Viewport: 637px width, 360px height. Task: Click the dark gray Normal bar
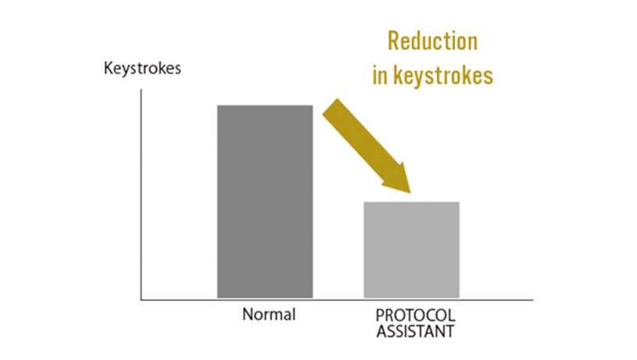pyautogui.click(x=265, y=201)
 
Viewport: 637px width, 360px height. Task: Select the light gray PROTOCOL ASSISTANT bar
pyautogui.click(x=411, y=250)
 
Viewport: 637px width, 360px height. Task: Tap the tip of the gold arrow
pyautogui.click(x=411, y=193)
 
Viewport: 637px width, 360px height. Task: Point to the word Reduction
pyautogui.click(x=432, y=41)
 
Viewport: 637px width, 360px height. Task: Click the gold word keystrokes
pyautogui.click(x=443, y=76)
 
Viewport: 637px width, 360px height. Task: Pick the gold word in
pyautogui.click(x=380, y=76)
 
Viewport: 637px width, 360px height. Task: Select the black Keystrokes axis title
pyautogui.click(x=142, y=69)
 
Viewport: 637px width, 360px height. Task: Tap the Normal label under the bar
pyautogui.click(x=269, y=315)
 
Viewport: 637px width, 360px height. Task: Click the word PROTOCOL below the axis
pyautogui.click(x=415, y=315)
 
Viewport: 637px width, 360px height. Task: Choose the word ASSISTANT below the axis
pyautogui.click(x=415, y=332)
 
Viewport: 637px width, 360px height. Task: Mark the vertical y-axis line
pyautogui.click(x=141, y=194)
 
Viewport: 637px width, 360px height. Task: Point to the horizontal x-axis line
pyautogui.click(x=336, y=300)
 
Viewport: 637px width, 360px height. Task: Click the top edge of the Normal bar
pyautogui.click(x=265, y=105)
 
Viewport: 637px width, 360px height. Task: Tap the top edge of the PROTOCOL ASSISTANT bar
pyautogui.click(x=411, y=202)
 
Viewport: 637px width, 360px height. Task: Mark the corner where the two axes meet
pyautogui.click(x=141, y=300)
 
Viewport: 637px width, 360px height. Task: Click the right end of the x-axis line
pyautogui.click(x=533, y=300)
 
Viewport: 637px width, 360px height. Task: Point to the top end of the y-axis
pyautogui.click(x=141, y=89)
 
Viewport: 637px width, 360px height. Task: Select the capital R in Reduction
pyautogui.click(x=393, y=41)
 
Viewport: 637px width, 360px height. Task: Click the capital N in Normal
pyautogui.click(x=247, y=315)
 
